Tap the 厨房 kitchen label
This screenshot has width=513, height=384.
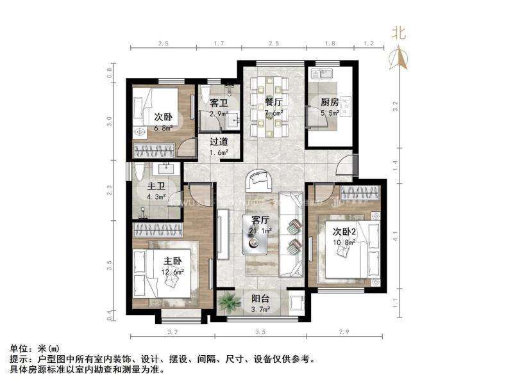point(330,102)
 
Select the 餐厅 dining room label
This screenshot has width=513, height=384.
point(274,102)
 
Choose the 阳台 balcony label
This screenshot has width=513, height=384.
point(259,298)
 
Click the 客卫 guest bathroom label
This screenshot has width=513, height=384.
point(219,102)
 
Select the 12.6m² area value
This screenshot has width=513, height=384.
point(172,272)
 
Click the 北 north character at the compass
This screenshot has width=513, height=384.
point(399,34)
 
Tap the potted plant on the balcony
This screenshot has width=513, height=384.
point(226,300)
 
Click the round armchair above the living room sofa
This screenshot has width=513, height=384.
point(260,180)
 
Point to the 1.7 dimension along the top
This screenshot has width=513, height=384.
point(218,44)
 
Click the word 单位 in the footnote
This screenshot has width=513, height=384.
point(17,348)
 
